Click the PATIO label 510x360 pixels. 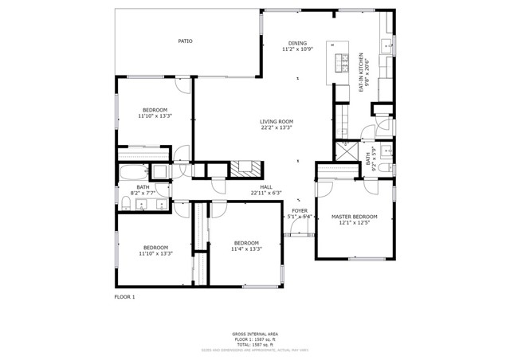tap(185, 41)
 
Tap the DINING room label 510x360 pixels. tap(296, 43)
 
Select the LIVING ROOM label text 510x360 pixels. tap(276, 121)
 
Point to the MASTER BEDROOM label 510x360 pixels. tap(355, 216)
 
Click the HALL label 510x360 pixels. tap(266, 186)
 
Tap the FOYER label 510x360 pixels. tap(299, 210)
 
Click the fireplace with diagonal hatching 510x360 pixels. tap(245, 169)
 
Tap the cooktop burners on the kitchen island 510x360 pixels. tap(344, 61)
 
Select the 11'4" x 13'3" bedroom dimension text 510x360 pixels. tap(246, 249)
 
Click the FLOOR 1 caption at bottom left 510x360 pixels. tap(126, 296)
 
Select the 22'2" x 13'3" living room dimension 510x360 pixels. tap(276, 127)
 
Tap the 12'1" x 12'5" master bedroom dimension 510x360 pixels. tap(355, 222)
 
